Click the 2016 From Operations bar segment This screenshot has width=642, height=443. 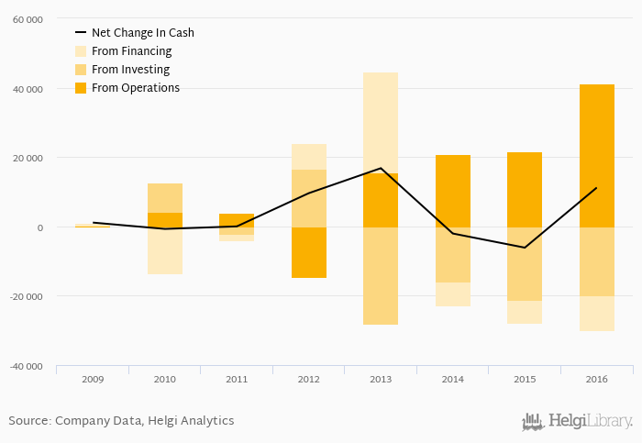click(596, 156)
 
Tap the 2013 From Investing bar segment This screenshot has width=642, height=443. click(381, 276)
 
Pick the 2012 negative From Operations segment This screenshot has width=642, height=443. click(309, 252)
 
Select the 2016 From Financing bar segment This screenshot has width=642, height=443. click(596, 313)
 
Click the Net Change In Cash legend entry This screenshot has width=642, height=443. click(142, 33)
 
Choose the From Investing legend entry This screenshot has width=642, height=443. click(130, 70)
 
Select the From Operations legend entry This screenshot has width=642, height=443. click(135, 88)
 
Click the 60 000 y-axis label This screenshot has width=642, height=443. click(28, 19)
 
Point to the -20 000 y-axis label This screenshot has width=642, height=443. click(26, 296)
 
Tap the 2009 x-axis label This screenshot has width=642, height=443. click(93, 378)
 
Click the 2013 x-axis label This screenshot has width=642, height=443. click(381, 378)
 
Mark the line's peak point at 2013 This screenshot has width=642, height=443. click(381, 169)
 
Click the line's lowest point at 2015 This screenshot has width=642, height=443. click(525, 248)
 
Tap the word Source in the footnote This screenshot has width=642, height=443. click(28, 421)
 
